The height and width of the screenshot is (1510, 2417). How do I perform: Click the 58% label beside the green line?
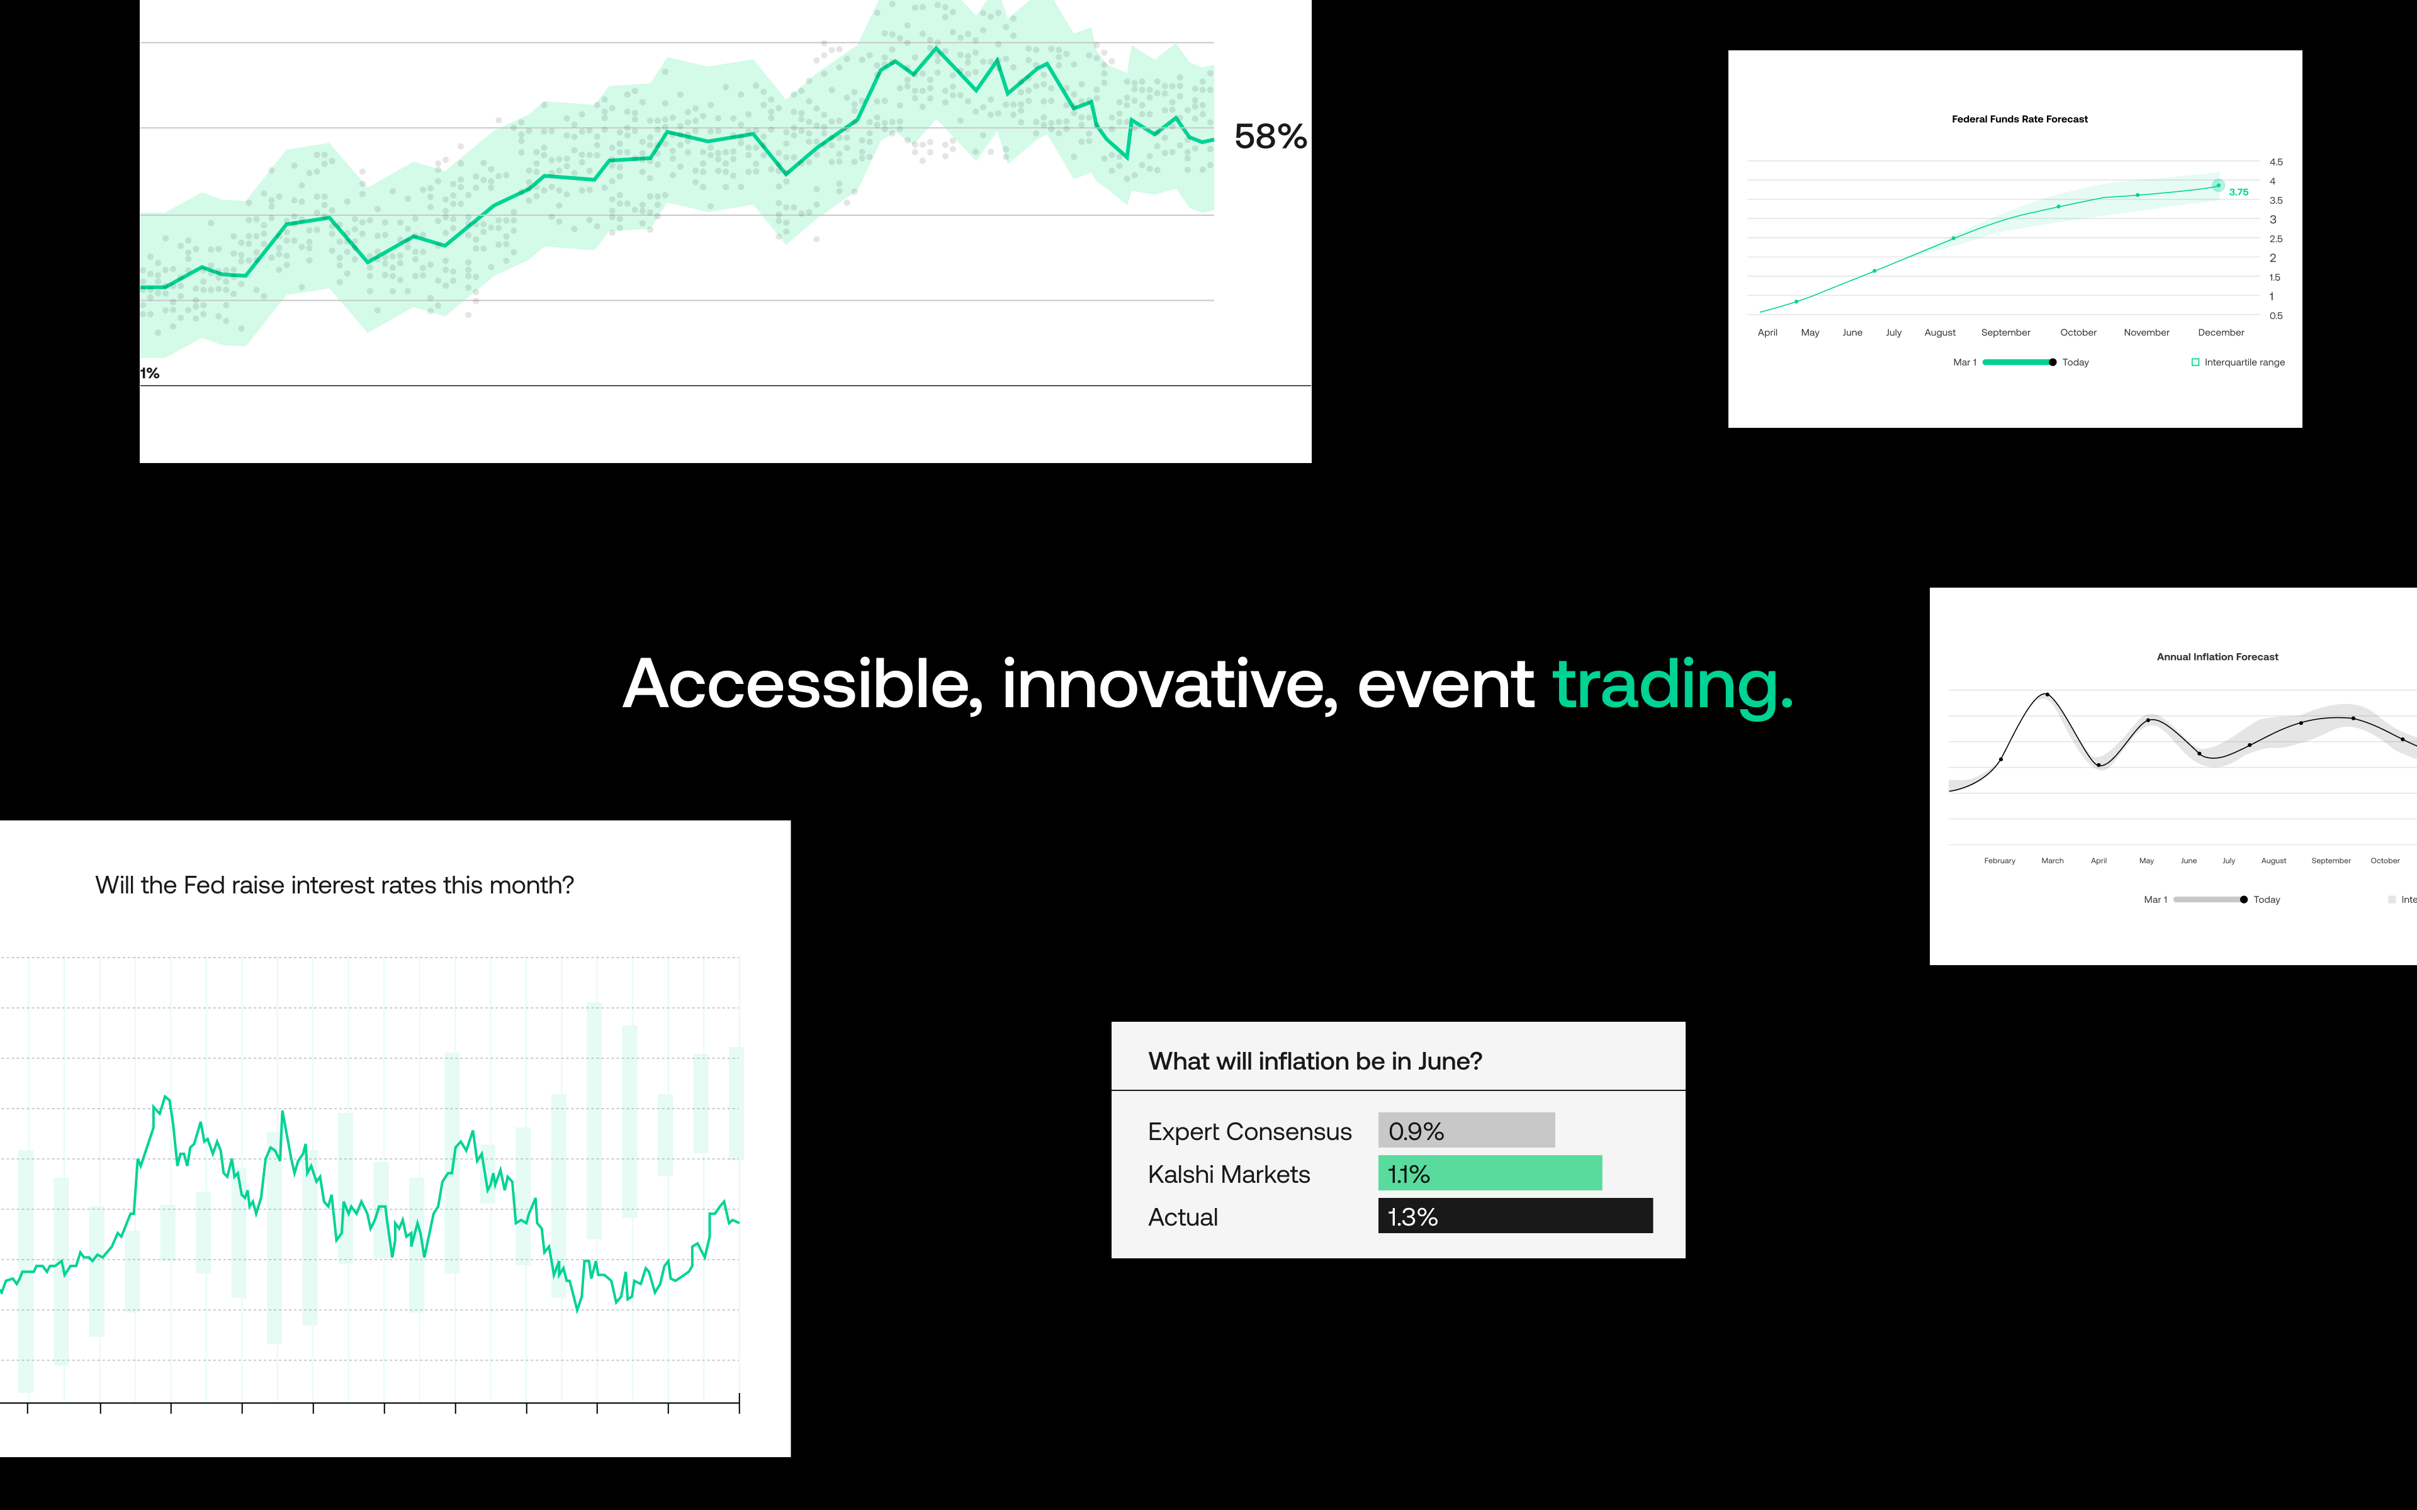(1270, 137)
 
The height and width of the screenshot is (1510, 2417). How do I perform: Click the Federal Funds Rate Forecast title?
(2019, 119)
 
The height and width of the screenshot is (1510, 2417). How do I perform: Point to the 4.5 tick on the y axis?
(2276, 162)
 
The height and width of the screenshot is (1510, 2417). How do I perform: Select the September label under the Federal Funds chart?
(2005, 333)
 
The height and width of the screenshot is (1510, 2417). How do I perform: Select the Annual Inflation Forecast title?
(2217, 657)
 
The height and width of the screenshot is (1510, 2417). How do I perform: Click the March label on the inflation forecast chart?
(2053, 861)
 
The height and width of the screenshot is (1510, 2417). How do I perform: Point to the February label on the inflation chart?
(2000, 861)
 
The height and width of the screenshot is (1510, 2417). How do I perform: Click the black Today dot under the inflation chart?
(2244, 900)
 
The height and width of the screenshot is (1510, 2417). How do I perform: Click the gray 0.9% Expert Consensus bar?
(1466, 1131)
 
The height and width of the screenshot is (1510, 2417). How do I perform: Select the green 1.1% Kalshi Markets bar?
(1490, 1173)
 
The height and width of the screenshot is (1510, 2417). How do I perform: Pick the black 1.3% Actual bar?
(1515, 1216)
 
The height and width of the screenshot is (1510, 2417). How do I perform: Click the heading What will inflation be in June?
(1316, 1061)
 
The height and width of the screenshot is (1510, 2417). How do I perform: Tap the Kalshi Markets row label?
(1229, 1175)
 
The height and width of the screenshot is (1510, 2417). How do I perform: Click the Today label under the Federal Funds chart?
(2075, 362)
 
